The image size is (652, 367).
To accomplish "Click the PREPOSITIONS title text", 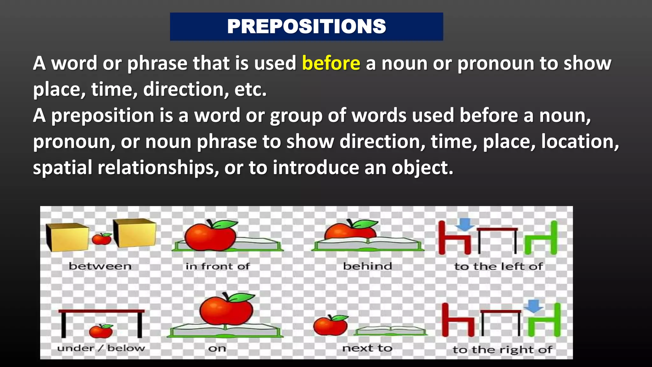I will click(x=306, y=26).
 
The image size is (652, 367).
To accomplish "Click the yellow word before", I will click(x=331, y=63).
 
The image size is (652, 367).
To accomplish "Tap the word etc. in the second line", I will click(x=250, y=90).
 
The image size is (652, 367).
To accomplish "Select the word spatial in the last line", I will click(x=62, y=168).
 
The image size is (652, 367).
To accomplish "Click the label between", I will click(x=100, y=266).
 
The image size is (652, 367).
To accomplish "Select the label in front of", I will click(x=218, y=266).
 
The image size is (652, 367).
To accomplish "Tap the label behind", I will click(x=367, y=266).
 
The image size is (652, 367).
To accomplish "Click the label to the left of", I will click(x=498, y=266).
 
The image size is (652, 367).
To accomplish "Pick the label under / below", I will click(x=101, y=348).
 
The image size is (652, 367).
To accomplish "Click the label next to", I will click(x=367, y=348).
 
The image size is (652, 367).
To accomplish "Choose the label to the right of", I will click(x=502, y=350).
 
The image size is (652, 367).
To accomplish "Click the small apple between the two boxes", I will click(x=102, y=239).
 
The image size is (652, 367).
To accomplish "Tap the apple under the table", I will click(x=101, y=331).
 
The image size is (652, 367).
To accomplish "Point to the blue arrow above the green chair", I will click(x=534, y=306).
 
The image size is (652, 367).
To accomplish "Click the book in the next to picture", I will click(x=391, y=331).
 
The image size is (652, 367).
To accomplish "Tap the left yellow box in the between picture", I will click(x=67, y=236).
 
